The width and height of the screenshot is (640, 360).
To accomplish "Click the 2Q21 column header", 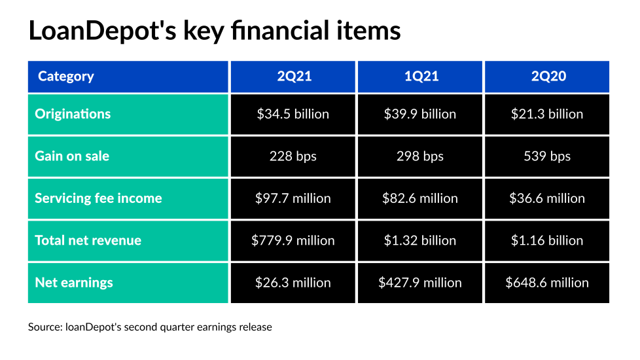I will (293, 77).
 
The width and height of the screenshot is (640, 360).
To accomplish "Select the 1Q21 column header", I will (419, 77).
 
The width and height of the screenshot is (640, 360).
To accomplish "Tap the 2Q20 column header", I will (547, 77).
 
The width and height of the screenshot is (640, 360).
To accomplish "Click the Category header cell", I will (66, 77).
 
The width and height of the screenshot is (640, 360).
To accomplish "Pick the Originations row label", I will (73, 114).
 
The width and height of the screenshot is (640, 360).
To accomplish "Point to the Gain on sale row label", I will (72, 156).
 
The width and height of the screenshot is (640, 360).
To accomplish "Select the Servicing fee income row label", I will (98, 198).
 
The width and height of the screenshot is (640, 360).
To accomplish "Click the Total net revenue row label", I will (88, 240).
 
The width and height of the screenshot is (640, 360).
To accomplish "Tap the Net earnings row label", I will (74, 283).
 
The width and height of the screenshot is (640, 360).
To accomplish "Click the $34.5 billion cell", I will (293, 114).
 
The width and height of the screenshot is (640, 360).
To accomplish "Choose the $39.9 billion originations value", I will (419, 114).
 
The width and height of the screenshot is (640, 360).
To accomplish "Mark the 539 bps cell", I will (547, 156).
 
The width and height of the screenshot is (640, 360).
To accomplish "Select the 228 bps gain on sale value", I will (293, 156).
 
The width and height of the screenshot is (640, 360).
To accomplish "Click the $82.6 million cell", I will (419, 198).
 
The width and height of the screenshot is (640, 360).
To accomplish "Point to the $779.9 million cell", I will (293, 240).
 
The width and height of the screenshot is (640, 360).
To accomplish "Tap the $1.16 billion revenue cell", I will (547, 240).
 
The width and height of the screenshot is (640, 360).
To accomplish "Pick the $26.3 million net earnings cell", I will (293, 283).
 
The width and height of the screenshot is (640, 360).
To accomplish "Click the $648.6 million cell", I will (547, 283).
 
